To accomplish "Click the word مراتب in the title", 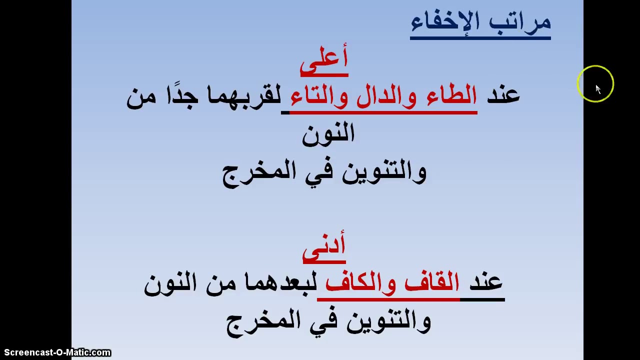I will (520, 21).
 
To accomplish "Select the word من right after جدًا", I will (141, 95).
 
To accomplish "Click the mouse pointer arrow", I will (598, 89).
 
